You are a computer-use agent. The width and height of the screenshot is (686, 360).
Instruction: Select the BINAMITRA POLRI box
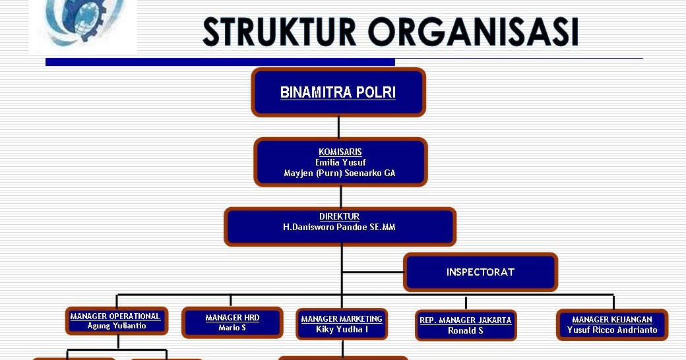pos(338,92)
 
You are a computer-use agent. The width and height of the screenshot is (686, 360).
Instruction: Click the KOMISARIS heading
pos(340,152)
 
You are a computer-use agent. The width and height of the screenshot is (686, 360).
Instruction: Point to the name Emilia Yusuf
pos(340,162)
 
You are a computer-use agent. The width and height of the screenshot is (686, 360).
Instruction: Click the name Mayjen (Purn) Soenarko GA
pos(340,173)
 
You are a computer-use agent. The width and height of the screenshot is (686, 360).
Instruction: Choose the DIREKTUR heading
pos(340,216)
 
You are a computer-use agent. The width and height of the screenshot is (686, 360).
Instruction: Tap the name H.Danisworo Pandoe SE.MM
pos(340,227)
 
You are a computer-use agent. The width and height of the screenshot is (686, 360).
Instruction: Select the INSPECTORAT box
pos(480,272)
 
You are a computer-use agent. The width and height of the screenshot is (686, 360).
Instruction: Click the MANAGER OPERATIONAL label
pos(115,316)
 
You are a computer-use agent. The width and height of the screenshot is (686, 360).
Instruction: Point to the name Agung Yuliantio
pos(117,326)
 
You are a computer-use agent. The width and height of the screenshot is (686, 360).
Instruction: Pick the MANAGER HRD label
pos(232,318)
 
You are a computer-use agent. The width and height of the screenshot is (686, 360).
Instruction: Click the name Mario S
pos(232,328)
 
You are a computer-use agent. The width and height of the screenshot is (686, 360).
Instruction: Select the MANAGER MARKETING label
pos(342,319)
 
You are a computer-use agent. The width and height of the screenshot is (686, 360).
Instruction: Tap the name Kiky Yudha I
pos(342,329)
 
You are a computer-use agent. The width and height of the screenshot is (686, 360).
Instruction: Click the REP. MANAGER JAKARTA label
pos(466,320)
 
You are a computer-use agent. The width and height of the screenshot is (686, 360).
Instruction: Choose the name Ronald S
pos(466,331)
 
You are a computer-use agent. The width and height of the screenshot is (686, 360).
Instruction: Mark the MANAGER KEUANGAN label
pos(612,320)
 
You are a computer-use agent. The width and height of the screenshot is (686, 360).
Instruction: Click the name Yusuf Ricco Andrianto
pos(612,330)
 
